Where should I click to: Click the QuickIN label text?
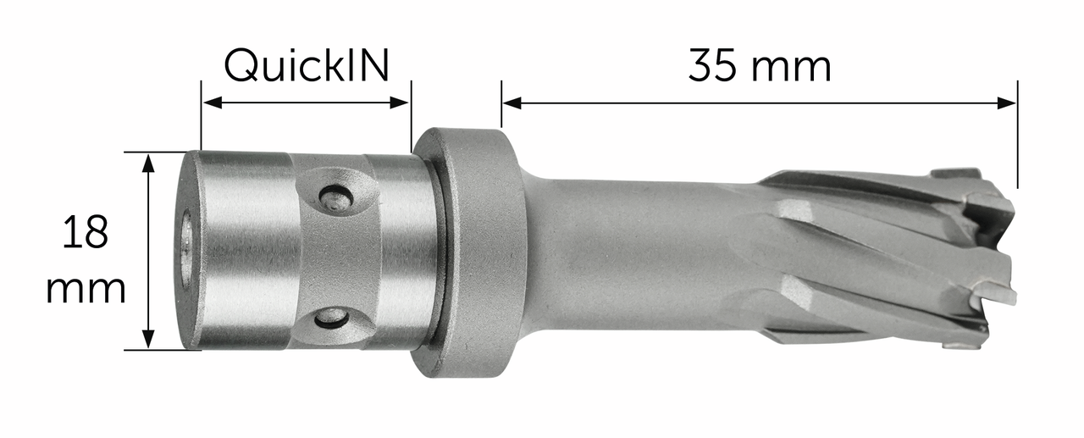pyautogui.click(x=306, y=65)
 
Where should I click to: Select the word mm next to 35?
pyautogui.click(x=797, y=68)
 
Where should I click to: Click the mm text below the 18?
pyautogui.click(x=86, y=290)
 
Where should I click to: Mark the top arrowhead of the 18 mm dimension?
pyautogui.click(x=149, y=162)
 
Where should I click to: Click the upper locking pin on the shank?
pyautogui.click(x=335, y=198)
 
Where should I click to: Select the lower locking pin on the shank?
pyautogui.click(x=331, y=318)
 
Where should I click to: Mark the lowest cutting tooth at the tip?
pyautogui.click(x=965, y=342)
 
